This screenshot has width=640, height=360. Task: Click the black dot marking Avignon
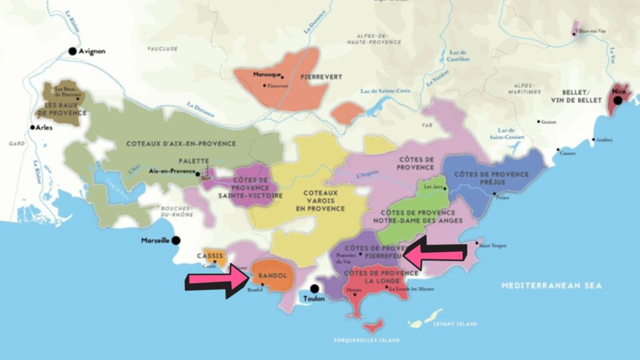click(72, 51)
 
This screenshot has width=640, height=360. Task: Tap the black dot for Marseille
click(176, 240)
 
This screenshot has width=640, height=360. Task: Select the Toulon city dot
click(314, 289)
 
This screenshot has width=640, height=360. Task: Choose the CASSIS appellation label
click(211, 256)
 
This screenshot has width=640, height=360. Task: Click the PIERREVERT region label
click(321, 77)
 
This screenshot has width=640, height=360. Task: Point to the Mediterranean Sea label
click(551, 286)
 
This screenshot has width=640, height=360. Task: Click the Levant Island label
click(454, 324)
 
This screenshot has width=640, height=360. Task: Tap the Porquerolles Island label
click(367, 341)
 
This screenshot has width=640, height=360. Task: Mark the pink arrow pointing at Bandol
click(217, 281)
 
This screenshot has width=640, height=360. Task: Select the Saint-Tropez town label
click(491, 246)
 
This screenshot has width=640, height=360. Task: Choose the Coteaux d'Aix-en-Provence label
click(181, 144)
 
